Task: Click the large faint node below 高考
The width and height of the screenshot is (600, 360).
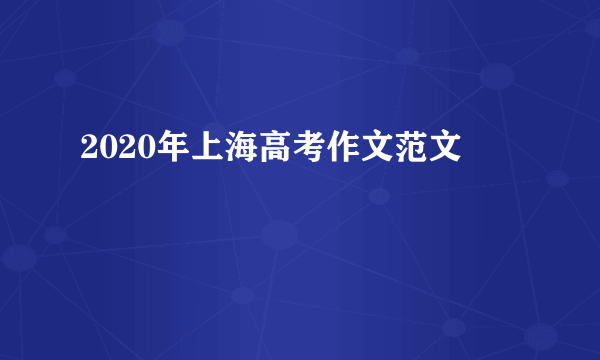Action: pyautogui.click(x=279, y=236)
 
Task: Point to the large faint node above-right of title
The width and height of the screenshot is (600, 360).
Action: pyautogui.click(x=497, y=76)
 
